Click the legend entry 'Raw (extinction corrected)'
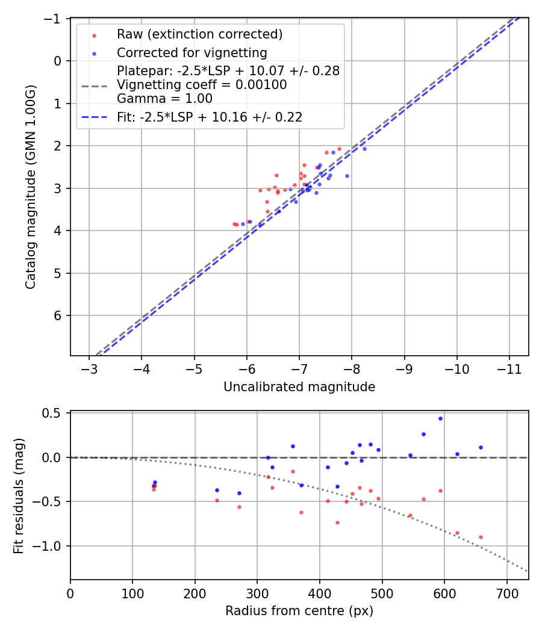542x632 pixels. point(199,34)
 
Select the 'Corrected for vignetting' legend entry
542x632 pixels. point(192,52)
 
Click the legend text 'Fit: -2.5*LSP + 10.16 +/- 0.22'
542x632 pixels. point(209,117)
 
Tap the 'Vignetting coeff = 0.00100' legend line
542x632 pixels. point(202,85)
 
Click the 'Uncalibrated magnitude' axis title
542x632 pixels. point(299,387)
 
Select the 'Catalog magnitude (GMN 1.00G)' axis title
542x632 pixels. point(30,187)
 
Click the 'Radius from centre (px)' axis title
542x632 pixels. point(299,611)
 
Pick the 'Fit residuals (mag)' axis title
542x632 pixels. point(19,495)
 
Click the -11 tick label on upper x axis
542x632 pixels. point(509,369)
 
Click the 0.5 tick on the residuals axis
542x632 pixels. point(55,413)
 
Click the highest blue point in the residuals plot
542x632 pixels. point(440,418)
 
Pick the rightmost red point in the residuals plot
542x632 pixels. point(481,537)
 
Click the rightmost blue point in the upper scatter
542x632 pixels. point(364,149)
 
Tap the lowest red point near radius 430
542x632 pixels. point(337,522)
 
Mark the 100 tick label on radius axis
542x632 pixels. point(132,592)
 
